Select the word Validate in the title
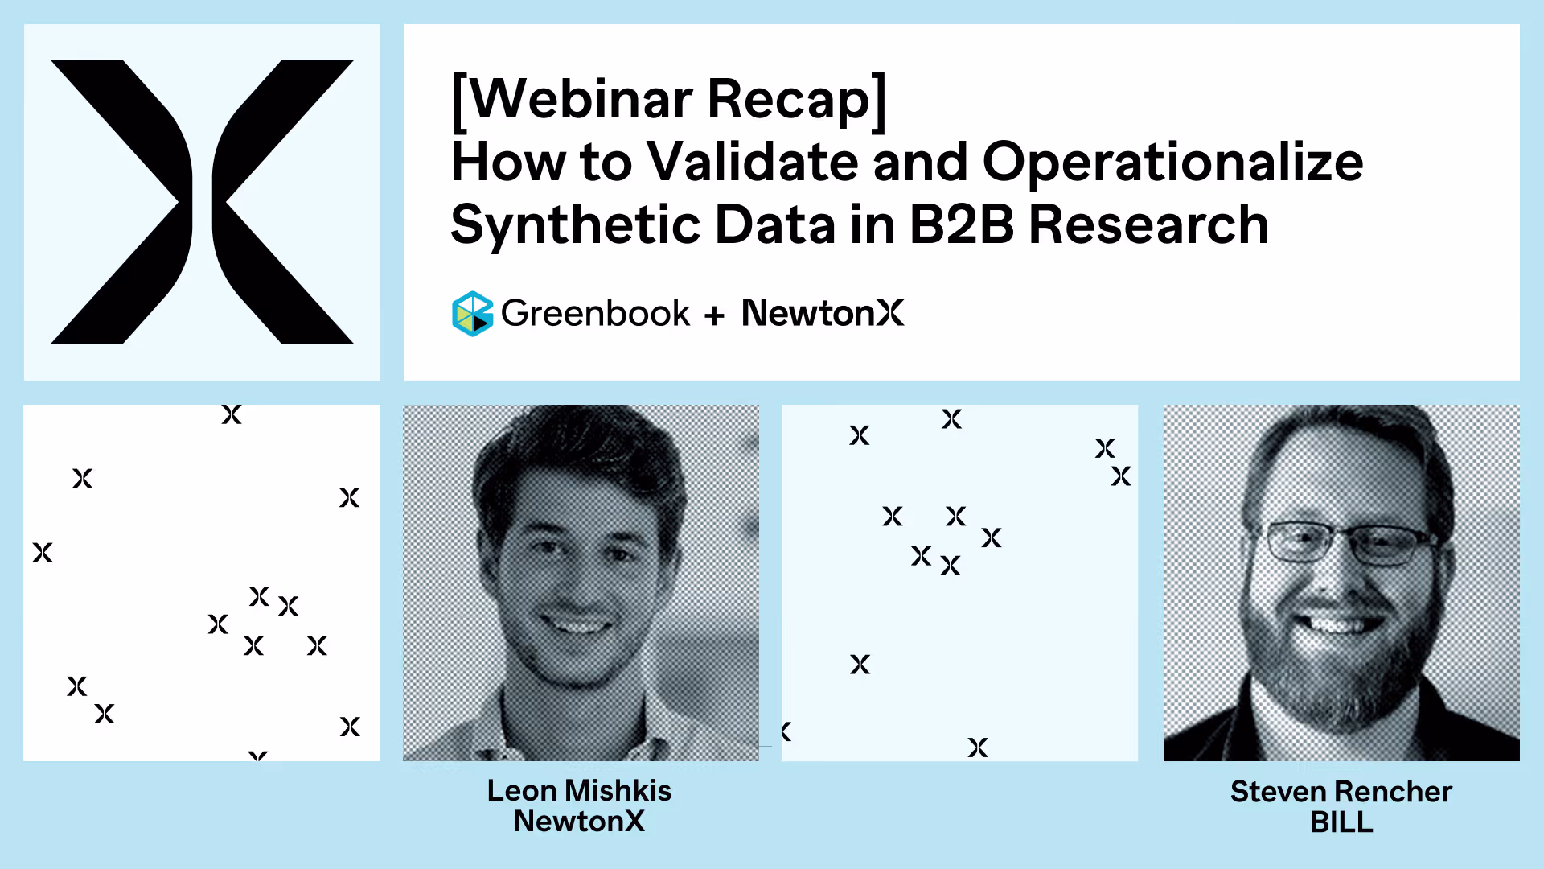click(753, 161)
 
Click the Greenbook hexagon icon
click(472, 313)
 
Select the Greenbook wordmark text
click(595, 313)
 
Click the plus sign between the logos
click(714, 315)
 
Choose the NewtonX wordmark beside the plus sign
click(823, 313)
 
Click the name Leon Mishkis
click(579, 791)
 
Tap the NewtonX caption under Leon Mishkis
click(579, 822)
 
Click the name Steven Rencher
click(1341, 792)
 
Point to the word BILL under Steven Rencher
click(1341, 822)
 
